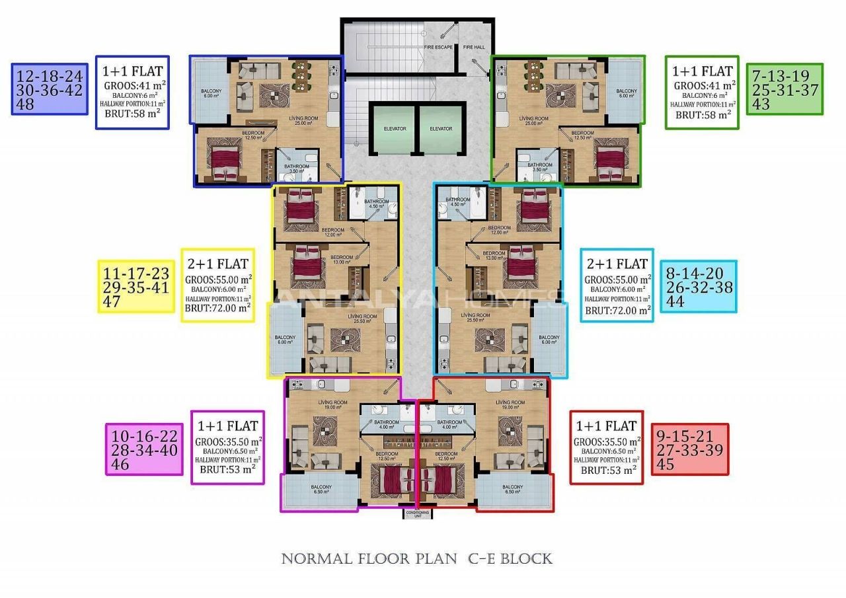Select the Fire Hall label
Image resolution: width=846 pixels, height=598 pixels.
(473, 47)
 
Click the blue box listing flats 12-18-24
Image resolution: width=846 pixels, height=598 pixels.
(50, 89)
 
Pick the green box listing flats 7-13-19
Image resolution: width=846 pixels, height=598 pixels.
(785, 89)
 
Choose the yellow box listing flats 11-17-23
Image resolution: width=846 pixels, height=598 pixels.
(136, 288)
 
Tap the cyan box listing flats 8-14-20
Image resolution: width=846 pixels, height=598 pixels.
(698, 287)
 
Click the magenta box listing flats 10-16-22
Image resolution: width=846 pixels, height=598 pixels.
(144, 449)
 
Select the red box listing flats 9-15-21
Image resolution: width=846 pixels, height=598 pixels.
(690, 449)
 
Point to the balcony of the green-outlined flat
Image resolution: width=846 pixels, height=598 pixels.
(625, 92)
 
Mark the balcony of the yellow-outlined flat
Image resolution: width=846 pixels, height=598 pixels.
(286, 340)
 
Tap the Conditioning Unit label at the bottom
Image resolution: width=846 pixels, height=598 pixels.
(417, 513)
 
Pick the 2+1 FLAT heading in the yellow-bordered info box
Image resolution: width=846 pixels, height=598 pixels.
(217, 263)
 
